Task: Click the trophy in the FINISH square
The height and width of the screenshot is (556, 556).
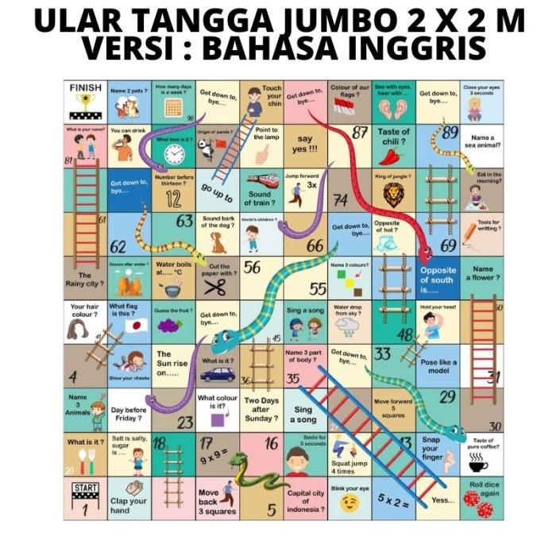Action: (85, 102)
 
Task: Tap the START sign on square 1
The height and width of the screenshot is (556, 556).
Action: (85, 488)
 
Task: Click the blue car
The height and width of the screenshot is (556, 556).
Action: (217, 374)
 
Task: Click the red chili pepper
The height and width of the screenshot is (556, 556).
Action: (391, 155)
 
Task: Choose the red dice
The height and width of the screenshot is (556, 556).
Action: (478, 504)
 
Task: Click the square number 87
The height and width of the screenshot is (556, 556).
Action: (360, 133)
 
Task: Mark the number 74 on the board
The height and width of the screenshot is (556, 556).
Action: (341, 199)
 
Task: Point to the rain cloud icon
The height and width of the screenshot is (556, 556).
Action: (348, 324)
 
